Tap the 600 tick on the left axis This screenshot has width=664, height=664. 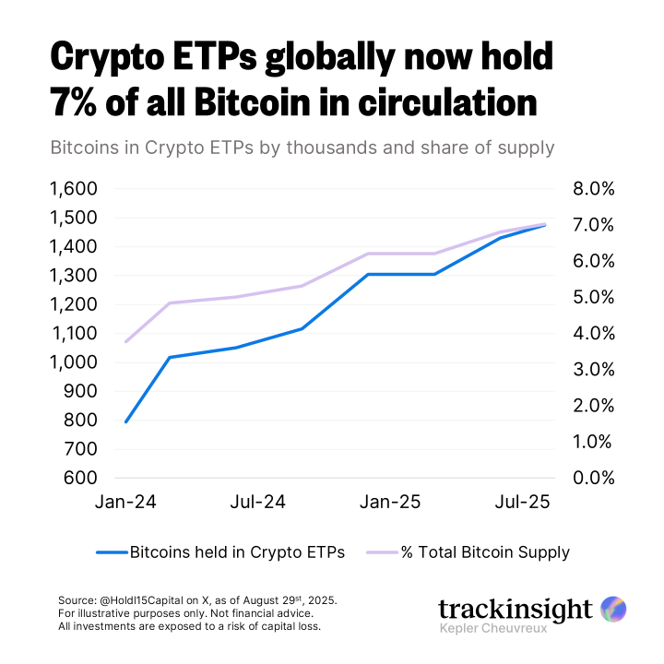78,478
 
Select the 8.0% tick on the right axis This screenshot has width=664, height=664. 594,189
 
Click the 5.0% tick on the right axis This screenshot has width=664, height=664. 594,297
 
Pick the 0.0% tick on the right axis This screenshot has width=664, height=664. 594,478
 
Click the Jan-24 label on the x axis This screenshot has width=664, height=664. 125,503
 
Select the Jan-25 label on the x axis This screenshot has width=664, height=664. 389,503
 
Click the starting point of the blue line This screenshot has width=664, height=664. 125,421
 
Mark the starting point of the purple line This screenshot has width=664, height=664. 125,341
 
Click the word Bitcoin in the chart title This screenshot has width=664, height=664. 260,101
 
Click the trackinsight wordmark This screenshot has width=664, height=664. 515,610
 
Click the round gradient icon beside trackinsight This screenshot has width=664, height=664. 613,609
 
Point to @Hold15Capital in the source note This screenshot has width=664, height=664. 147,600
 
